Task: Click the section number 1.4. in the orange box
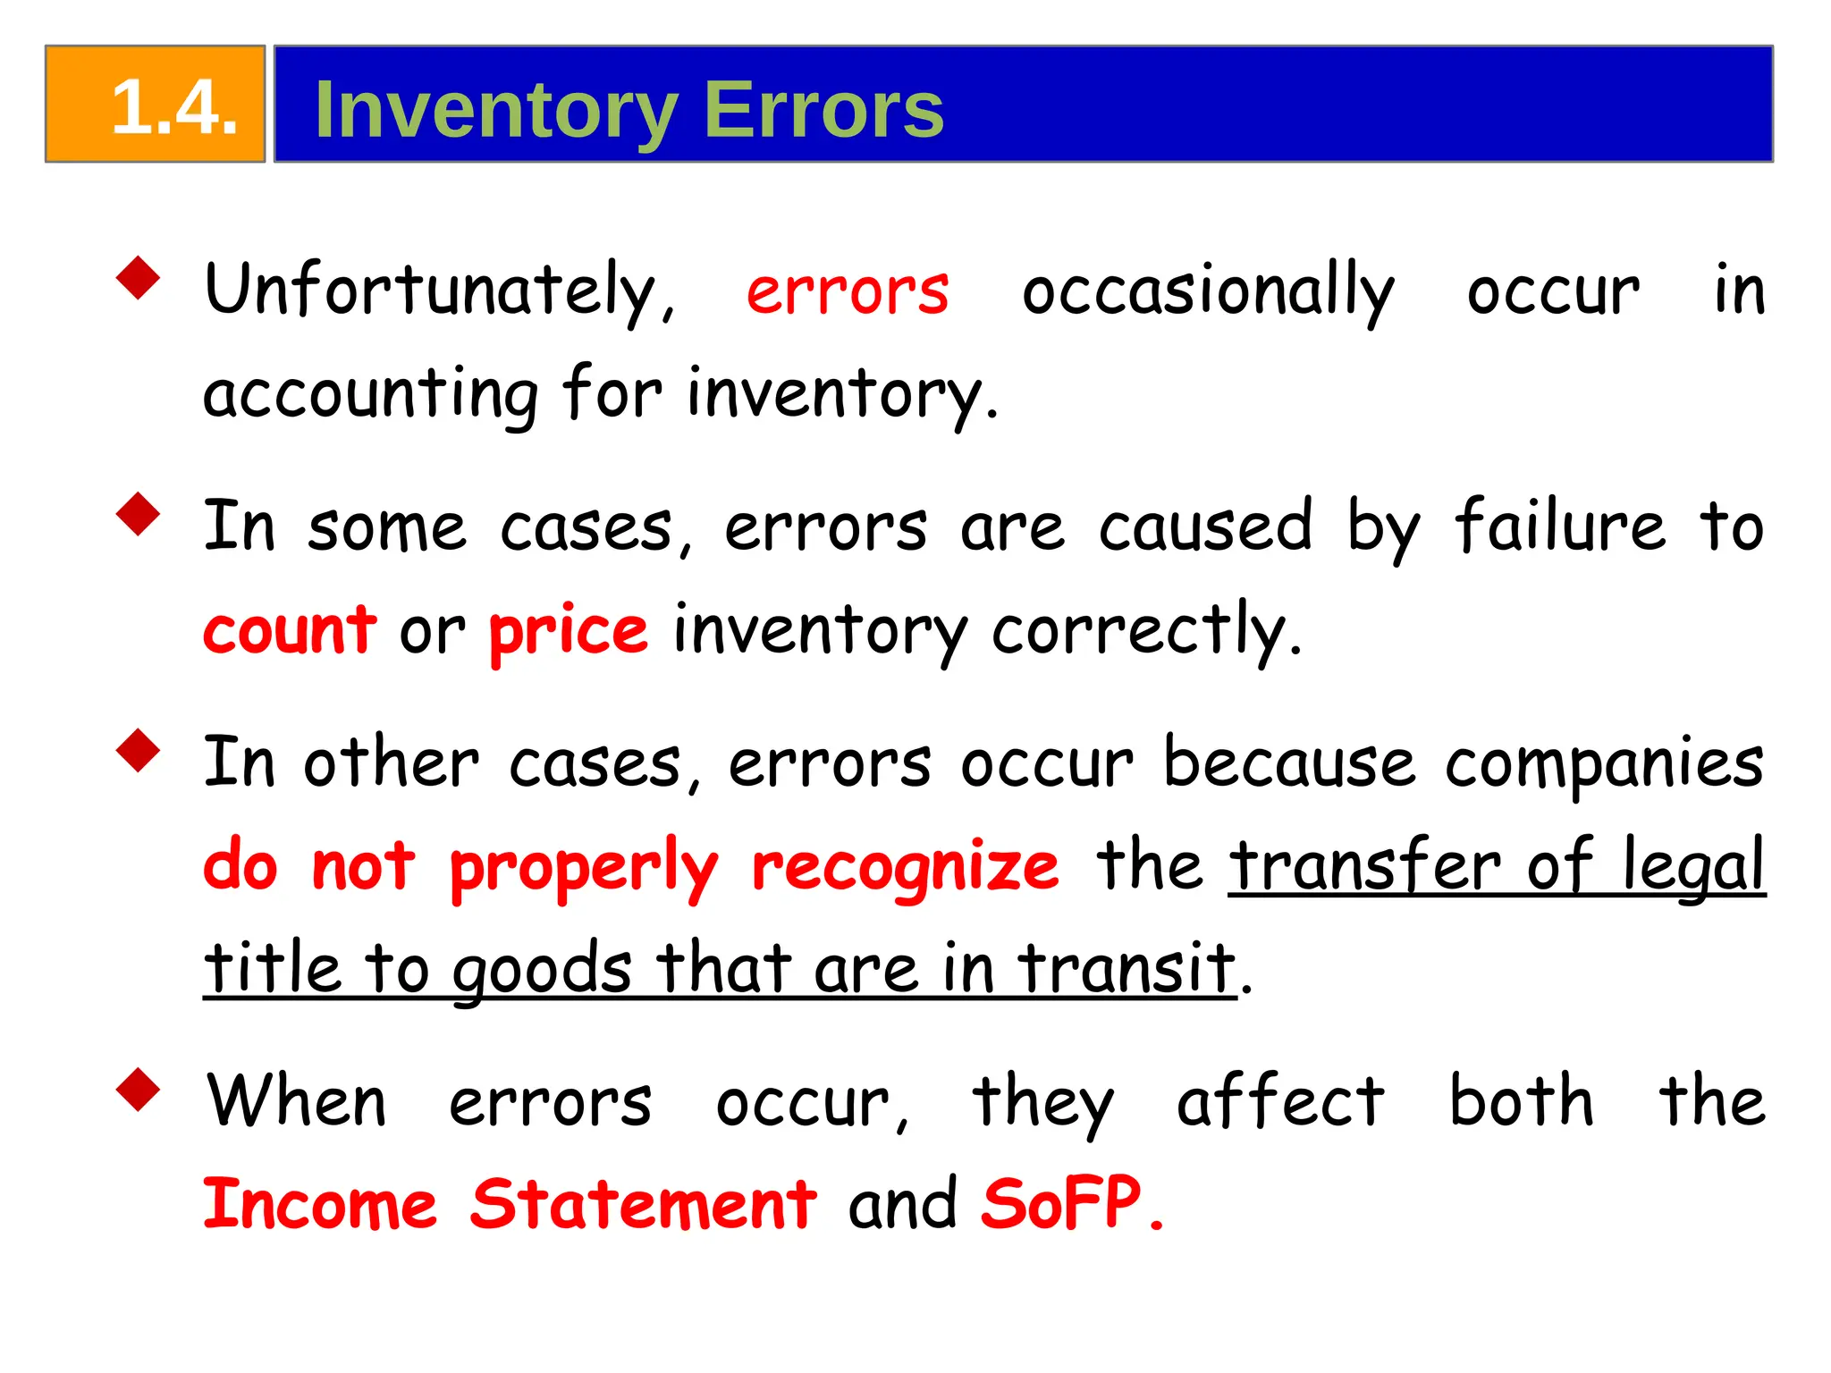(x=174, y=107)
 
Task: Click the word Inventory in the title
(x=496, y=111)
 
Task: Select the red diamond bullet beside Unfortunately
(x=138, y=278)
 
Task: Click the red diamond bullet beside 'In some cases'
(x=138, y=514)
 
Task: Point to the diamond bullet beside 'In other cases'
(x=138, y=750)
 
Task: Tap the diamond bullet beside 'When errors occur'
(x=138, y=1089)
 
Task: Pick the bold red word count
(x=290, y=629)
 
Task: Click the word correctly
(x=1146, y=631)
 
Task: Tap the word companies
(x=1604, y=765)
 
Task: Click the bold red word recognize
(x=905, y=867)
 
